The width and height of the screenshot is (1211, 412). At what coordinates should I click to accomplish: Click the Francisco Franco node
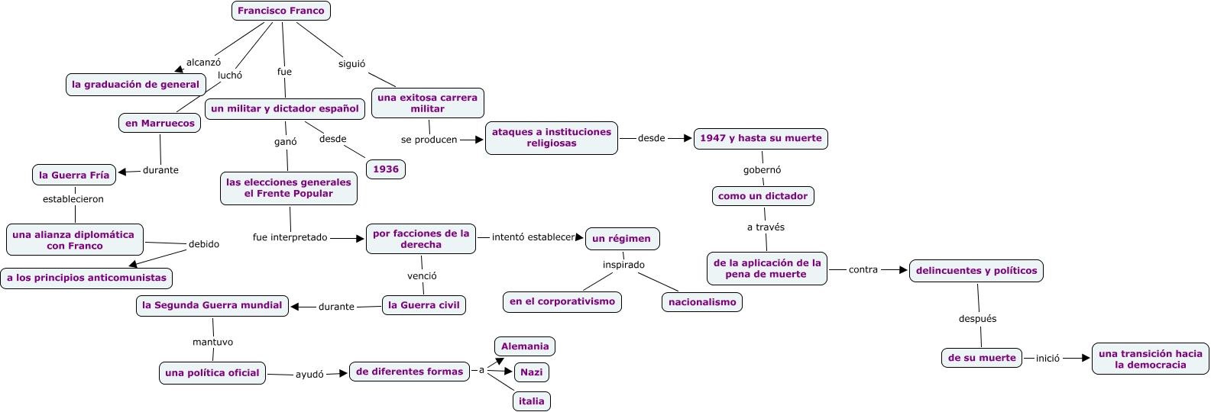[280, 11]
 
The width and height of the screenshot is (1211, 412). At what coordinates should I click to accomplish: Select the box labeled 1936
[386, 169]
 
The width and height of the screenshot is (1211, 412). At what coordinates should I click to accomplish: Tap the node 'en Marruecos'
[160, 123]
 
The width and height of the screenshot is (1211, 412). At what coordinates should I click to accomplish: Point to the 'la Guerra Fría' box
[74, 175]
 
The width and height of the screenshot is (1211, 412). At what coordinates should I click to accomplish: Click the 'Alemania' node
[525, 346]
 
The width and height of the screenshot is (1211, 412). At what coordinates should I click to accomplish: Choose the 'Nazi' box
[531, 372]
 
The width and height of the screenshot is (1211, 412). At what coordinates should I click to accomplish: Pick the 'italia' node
[531, 401]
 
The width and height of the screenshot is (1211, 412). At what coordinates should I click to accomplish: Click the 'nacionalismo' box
[702, 302]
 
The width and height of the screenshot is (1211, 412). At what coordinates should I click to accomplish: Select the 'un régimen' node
[621, 239]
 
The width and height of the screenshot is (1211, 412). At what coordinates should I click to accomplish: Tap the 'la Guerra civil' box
[423, 305]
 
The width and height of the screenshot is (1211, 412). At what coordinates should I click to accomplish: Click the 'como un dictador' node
[763, 196]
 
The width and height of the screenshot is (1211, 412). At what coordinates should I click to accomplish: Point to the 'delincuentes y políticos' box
[976, 271]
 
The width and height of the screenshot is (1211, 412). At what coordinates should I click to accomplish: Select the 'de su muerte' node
[982, 358]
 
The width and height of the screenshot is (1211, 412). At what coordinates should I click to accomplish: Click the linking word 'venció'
[422, 276]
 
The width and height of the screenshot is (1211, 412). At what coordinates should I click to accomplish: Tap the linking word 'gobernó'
[762, 170]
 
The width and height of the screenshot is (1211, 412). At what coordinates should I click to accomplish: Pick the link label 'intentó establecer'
[533, 237]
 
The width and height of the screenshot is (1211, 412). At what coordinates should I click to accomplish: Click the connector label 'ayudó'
[309, 375]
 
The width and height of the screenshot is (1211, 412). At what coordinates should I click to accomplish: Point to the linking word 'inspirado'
[623, 265]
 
